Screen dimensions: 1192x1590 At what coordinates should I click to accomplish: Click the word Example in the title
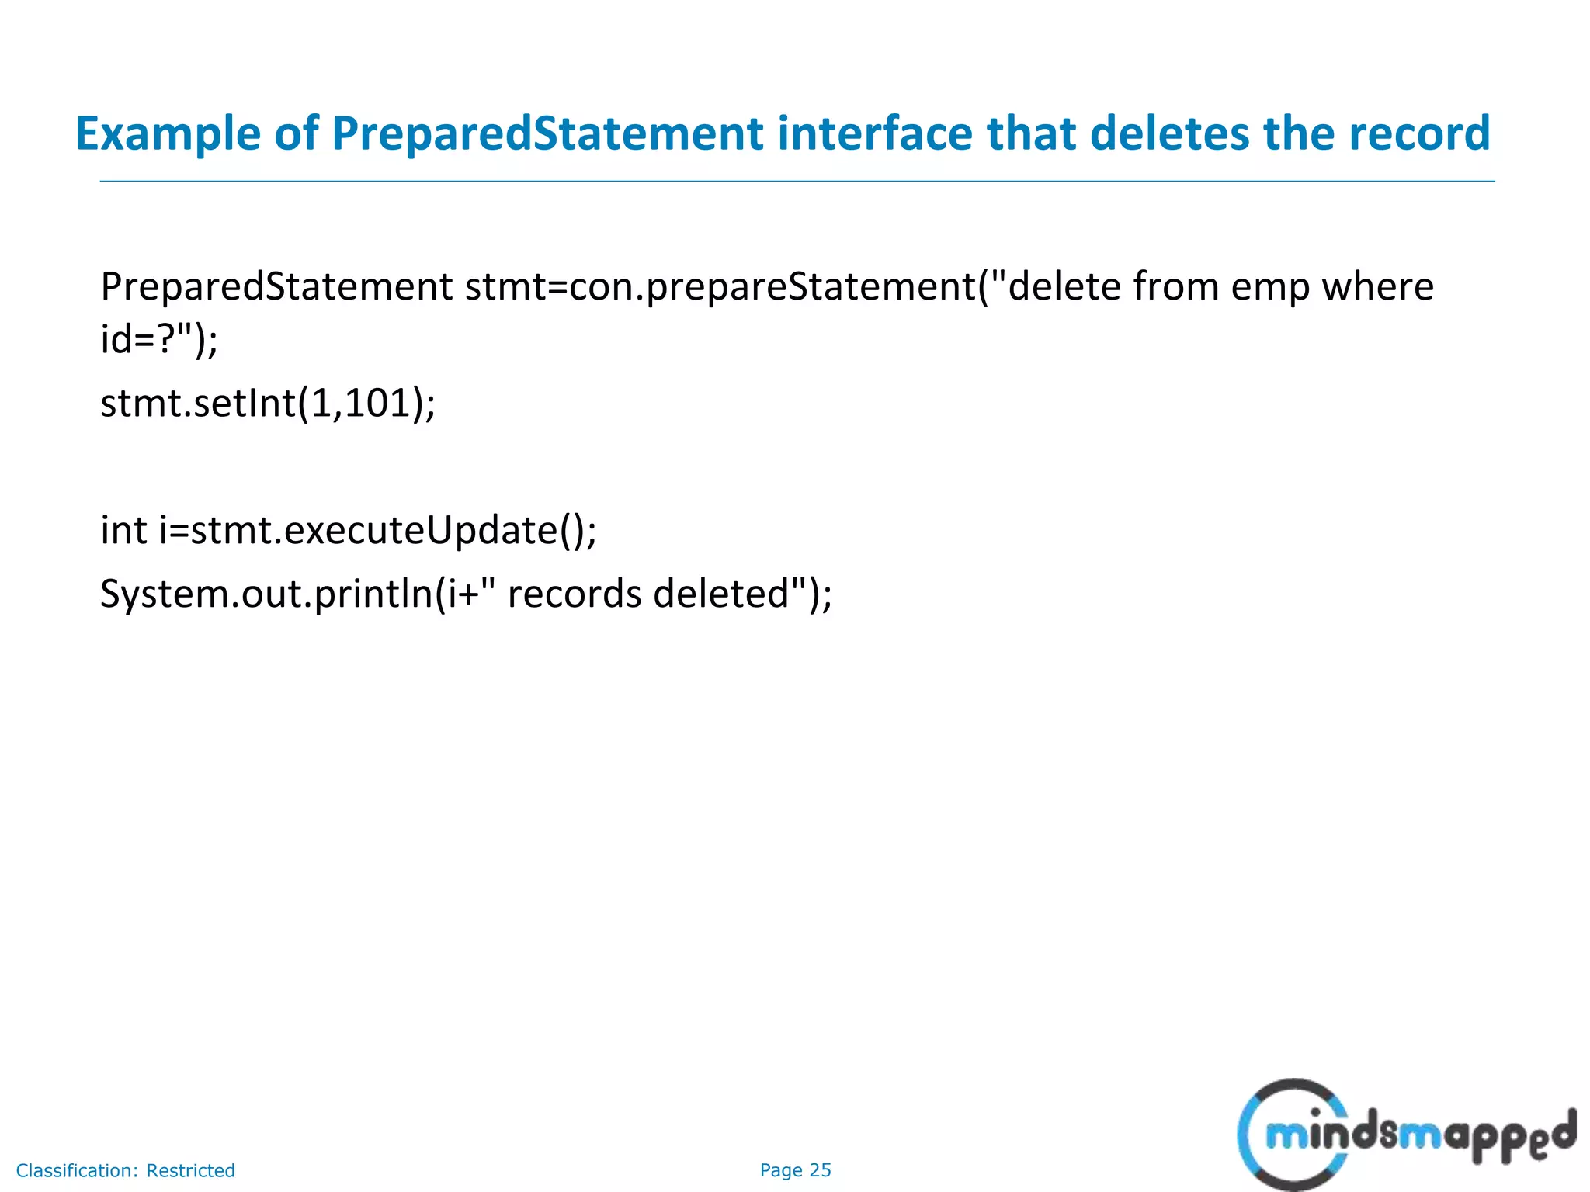[168, 133]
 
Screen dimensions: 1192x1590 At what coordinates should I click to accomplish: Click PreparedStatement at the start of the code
[276, 287]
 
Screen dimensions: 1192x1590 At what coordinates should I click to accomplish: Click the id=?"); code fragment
[159, 339]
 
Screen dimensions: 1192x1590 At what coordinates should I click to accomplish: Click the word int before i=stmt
[123, 531]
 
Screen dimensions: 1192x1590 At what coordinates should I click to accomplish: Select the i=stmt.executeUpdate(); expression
[378, 531]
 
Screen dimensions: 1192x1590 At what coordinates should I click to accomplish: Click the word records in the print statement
[574, 594]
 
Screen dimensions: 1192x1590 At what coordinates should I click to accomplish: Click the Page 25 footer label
[795, 1170]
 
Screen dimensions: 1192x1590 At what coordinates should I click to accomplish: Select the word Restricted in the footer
[190, 1170]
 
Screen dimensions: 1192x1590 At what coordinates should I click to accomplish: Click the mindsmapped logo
[1405, 1135]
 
